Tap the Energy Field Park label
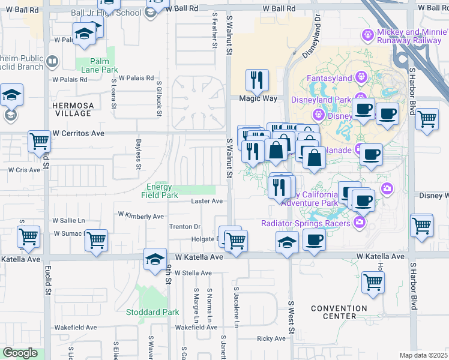(x=160, y=191)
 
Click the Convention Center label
(x=339, y=312)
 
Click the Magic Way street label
(x=257, y=98)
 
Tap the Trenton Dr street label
(x=185, y=227)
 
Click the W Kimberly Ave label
(x=141, y=215)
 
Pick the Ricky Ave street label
(x=271, y=338)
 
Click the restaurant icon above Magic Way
(x=257, y=79)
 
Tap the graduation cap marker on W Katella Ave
(x=155, y=259)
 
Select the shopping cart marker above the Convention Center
(x=373, y=282)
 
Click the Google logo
(x=20, y=353)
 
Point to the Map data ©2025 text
(x=423, y=355)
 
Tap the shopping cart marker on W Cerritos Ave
(x=40, y=142)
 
